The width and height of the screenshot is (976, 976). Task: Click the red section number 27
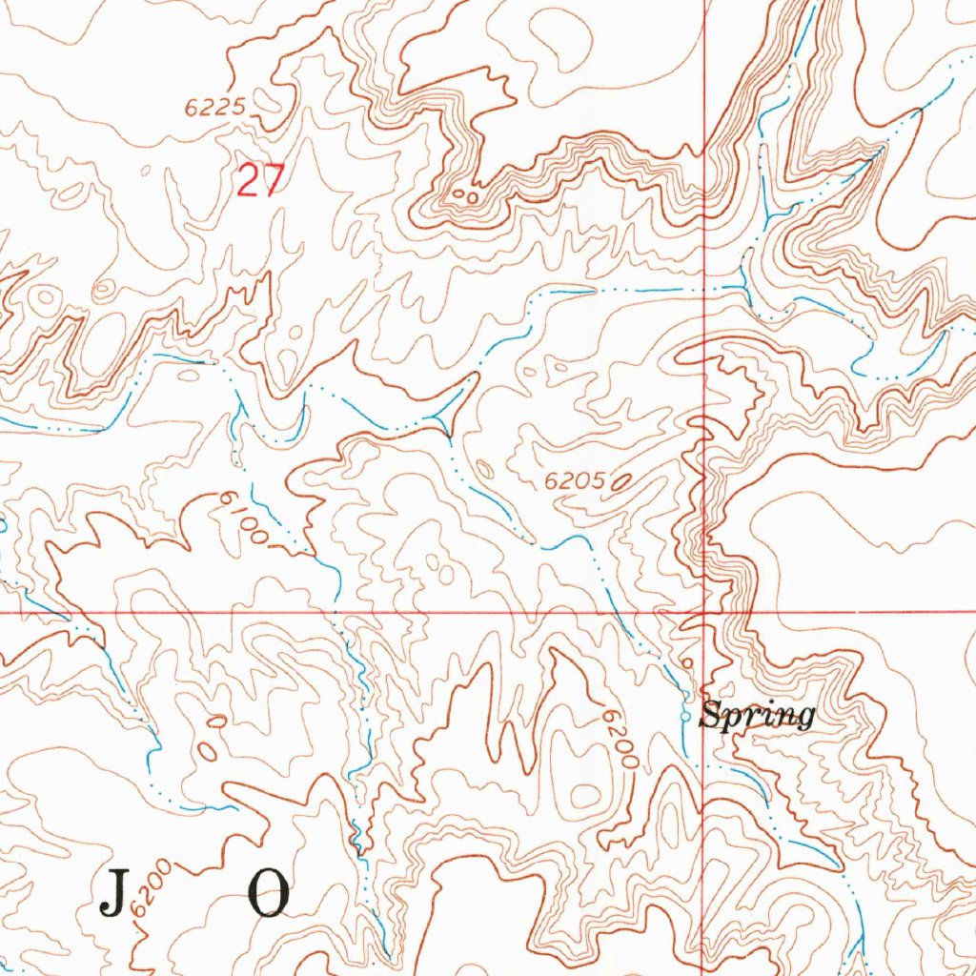click(260, 180)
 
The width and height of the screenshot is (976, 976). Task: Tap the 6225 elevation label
click(215, 109)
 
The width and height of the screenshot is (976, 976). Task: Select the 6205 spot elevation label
click(575, 483)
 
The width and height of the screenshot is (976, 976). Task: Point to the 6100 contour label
click(243, 518)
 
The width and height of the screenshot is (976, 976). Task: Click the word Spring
click(758, 715)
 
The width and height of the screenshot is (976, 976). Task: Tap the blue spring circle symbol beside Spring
click(686, 715)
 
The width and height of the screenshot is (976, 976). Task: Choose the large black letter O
click(269, 893)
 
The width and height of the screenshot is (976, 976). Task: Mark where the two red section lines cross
click(705, 612)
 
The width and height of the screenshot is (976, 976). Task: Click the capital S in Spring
click(709, 714)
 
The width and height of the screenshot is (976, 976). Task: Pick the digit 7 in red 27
click(273, 180)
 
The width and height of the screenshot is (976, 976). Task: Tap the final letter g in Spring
click(806, 719)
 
